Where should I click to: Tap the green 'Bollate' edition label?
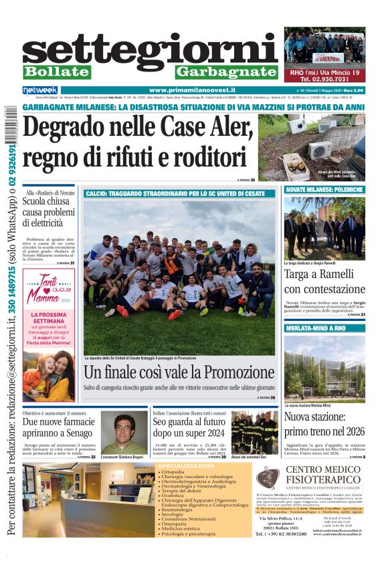pyautogui.click(x=56, y=72)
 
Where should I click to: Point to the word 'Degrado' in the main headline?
pyautogui.click(x=68, y=126)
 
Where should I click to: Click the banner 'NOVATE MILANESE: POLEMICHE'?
pyautogui.click(x=324, y=190)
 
